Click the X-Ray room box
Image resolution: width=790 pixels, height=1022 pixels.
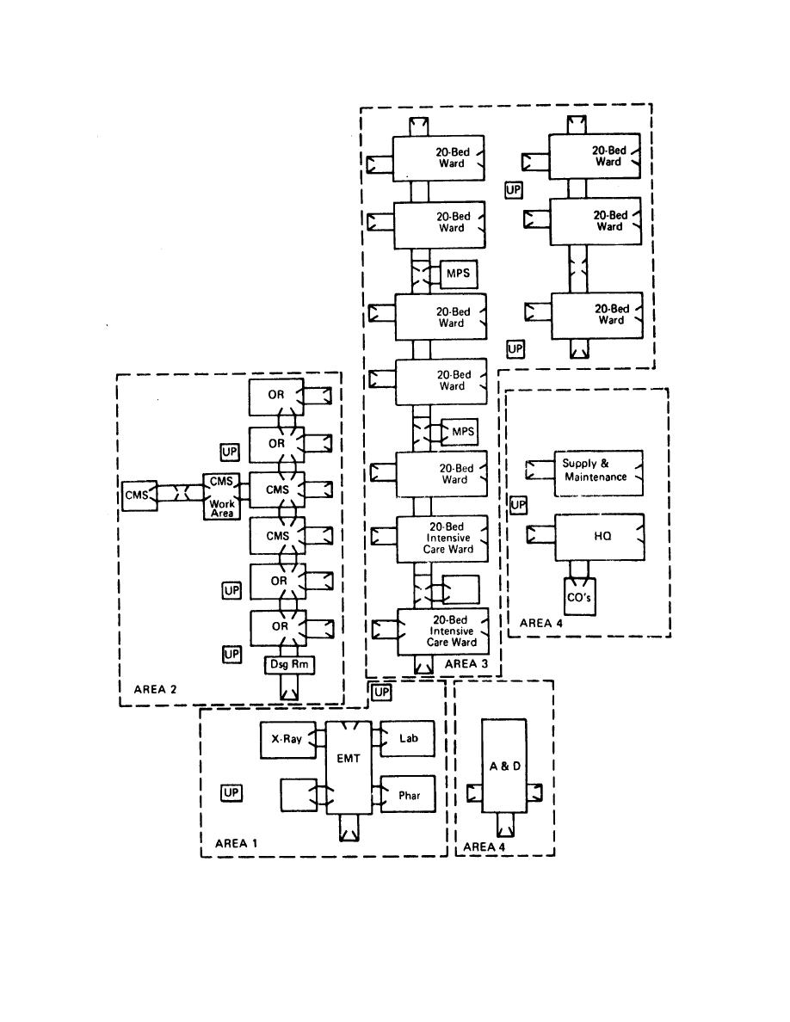[286, 740]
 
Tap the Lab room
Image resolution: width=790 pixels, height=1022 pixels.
[407, 739]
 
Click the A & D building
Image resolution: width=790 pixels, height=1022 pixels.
[504, 766]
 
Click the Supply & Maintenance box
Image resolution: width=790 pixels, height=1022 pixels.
[597, 471]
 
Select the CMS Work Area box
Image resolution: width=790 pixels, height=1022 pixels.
[222, 496]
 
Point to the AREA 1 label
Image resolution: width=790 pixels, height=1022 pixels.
[236, 843]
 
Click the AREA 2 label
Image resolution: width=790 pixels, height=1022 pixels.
[156, 689]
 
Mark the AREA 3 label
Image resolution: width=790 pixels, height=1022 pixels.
[466, 664]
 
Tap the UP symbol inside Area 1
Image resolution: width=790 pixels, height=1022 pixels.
[231, 793]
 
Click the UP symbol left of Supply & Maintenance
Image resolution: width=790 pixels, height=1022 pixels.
[518, 505]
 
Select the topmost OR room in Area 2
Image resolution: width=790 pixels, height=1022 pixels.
[277, 395]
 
